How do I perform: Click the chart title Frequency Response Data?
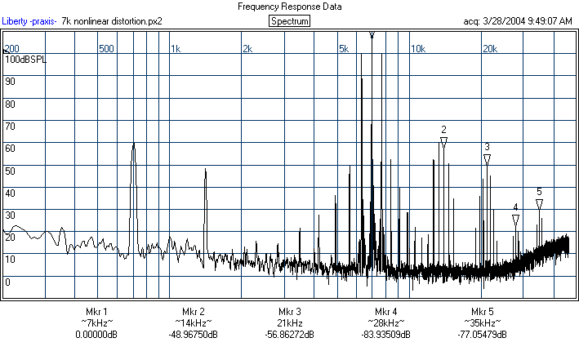pyautogui.click(x=289, y=7)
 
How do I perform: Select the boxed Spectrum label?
pyautogui.click(x=289, y=20)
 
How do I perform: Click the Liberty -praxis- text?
pyautogui.click(x=29, y=21)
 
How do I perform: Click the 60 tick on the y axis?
pyautogui.click(x=10, y=149)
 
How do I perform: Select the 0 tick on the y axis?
pyautogui.click(x=7, y=282)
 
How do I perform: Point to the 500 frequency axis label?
pyautogui.click(x=105, y=49)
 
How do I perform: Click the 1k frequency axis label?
pyautogui.click(x=175, y=49)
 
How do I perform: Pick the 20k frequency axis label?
pyautogui.click(x=489, y=49)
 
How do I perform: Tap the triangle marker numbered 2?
pyautogui.click(x=443, y=142)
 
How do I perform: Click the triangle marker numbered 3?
pyautogui.click(x=487, y=159)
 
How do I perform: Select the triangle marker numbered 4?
pyautogui.click(x=515, y=220)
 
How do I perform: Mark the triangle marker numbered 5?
pyautogui.click(x=539, y=203)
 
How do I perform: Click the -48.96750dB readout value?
pyautogui.click(x=193, y=335)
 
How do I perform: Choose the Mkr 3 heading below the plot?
pyautogui.click(x=290, y=312)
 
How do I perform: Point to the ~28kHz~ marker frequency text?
pyautogui.click(x=386, y=323)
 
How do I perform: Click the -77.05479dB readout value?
pyautogui.click(x=482, y=335)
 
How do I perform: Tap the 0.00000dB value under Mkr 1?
pyautogui.click(x=96, y=335)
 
